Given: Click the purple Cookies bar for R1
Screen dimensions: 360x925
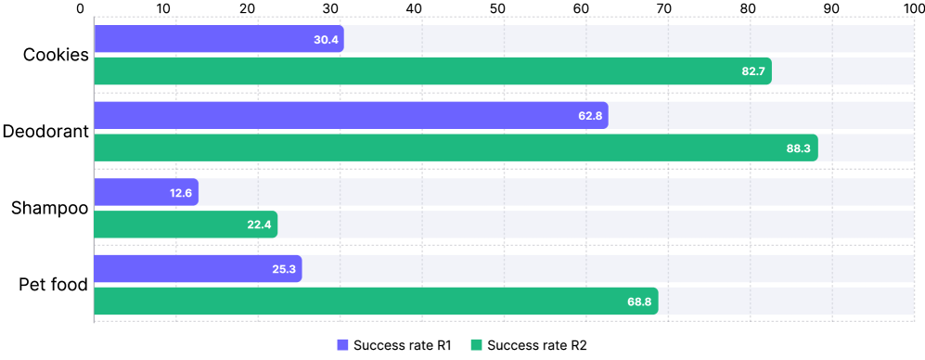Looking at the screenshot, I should [x=219, y=39].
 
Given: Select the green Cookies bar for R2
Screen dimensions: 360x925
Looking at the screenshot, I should [x=432, y=71].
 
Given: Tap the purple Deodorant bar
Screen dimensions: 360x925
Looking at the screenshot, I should [x=351, y=116].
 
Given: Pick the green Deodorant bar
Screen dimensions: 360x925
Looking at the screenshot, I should [x=456, y=148].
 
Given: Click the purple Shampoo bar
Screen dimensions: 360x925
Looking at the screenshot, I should [x=146, y=192].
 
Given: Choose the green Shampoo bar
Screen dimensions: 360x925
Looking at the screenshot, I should [x=186, y=225].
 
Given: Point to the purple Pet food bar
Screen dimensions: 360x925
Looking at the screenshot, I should [x=198, y=269].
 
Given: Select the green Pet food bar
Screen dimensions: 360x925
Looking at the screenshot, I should [x=376, y=301].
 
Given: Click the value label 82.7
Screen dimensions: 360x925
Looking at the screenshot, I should [x=752, y=71].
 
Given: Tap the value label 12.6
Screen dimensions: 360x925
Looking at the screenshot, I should [x=180, y=192].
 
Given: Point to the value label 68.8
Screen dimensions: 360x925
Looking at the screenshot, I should [x=639, y=301].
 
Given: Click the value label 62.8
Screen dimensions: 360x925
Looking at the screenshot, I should [x=589, y=116].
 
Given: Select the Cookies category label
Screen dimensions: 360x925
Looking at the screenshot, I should [x=56, y=55].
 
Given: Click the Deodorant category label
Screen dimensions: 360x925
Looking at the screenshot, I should [x=45, y=131].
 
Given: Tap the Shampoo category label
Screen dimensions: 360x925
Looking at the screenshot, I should [x=50, y=208].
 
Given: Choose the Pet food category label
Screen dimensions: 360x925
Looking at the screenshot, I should [x=53, y=284].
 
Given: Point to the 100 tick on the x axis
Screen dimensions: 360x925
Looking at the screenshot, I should [x=914, y=9].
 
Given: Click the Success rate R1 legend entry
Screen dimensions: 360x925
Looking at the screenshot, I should [x=394, y=345].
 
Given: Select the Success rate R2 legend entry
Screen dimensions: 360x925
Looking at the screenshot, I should [x=529, y=345].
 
